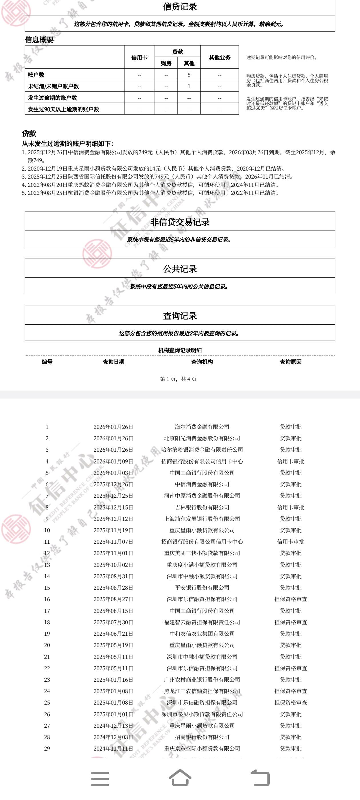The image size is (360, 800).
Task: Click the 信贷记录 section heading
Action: pyautogui.click(x=180, y=7)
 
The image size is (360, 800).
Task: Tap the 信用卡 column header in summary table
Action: pyautogui.click(x=139, y=57)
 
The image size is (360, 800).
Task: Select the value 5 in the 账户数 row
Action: pyautogui.click(x=189, y=75)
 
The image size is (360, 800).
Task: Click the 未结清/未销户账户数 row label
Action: pyautogui.click(x=53, y=86)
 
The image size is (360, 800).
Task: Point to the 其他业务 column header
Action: pyautogui.click(x=220, y=57)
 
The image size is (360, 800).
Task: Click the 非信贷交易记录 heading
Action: pyautogui.click(x=180, y=222)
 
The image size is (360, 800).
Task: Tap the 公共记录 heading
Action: pyautogui.click(x=180, y=269)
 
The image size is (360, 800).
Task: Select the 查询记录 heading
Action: pyautogui.click(x=180, y=316)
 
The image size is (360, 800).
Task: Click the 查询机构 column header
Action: pyautogui.click(x=202, y=362)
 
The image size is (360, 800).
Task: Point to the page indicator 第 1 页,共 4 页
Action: pyautogui.click(x=178, y=379)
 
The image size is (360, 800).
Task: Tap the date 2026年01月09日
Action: pyautogui.click(x=113, y=461)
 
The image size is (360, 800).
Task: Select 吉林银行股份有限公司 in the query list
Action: pyautogui.click(x=202, y=507)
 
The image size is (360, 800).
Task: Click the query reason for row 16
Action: pyautogui.click(x=290, y=599)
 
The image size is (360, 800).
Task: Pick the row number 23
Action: pyautogui.click(x=47, y=679)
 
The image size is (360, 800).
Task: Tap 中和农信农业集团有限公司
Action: pyautogui.click(x=202, y=633)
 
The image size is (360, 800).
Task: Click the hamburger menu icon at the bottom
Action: pyautogui.click(x=100, y=779)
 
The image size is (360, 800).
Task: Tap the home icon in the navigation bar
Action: pyautogui.click(x=180, y=778)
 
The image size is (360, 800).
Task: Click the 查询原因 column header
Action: pyautogui.click(x=290, y=362)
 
